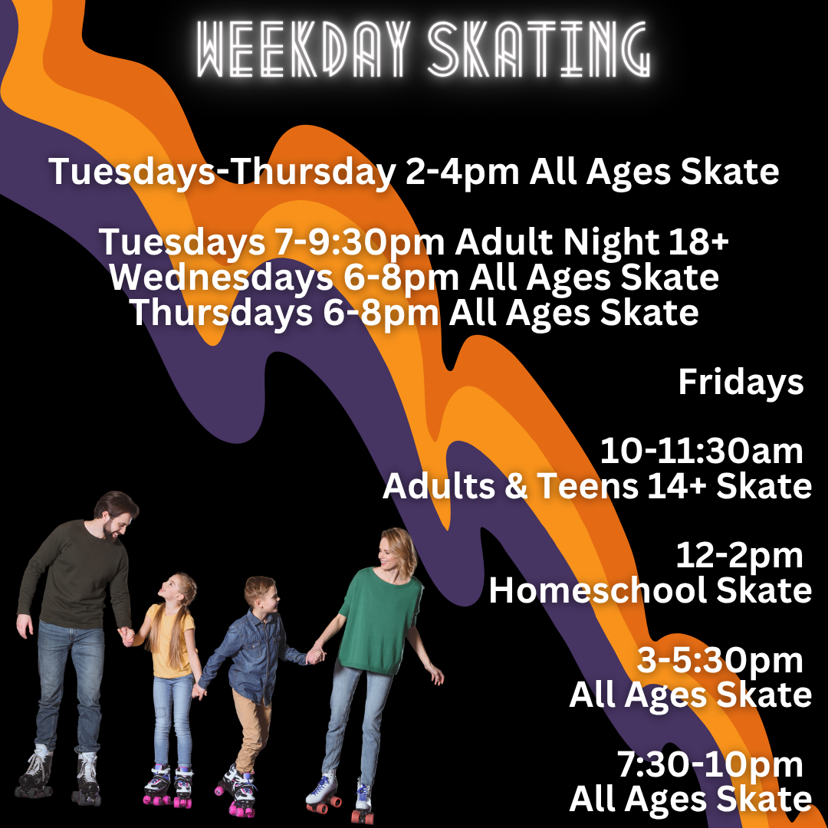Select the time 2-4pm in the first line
coord(462,172)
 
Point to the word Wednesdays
coord(222,277)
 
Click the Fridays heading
coord(741,383)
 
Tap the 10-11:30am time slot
coord(701,452)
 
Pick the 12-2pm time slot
coord(739,557)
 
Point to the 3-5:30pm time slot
coord(720,661)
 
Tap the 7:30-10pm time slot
coord(710,765)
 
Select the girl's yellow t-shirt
coord(168,640)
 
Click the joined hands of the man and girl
coord(127,636)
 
